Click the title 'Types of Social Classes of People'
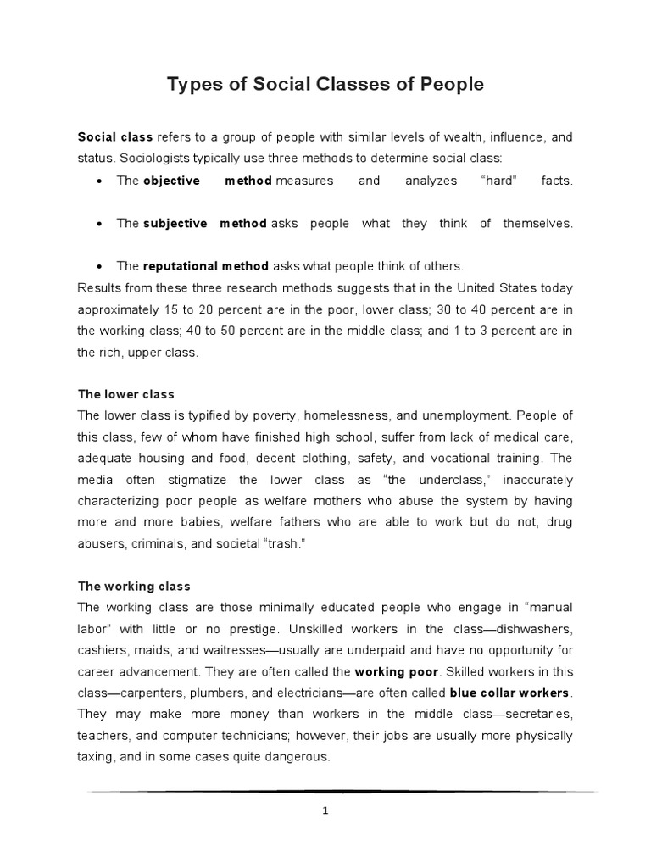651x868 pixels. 325,85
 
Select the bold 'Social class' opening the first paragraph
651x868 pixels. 115,136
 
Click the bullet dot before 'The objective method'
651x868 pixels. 101,181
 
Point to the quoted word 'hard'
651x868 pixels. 498,181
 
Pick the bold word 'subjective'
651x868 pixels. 175,224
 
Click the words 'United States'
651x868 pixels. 463,287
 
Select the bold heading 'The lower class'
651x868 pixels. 125,395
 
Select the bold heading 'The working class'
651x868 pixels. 134,587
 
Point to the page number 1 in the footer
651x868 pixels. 325,810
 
